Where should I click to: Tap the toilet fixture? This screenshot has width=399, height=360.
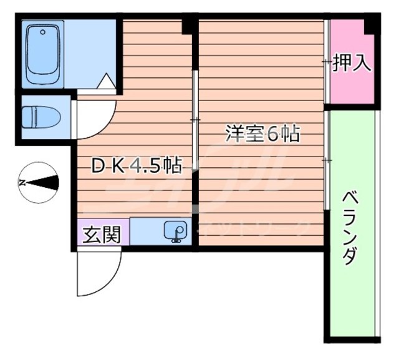(41, 117)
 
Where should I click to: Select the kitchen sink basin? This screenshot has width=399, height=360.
(176, 231)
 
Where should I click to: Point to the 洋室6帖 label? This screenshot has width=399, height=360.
(262, 133)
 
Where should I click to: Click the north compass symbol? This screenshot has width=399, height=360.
(39, 183)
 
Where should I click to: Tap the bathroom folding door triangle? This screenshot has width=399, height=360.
(106, 81)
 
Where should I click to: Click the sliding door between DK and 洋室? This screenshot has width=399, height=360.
(195, 119)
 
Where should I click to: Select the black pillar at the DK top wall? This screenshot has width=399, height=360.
(187, 26)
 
